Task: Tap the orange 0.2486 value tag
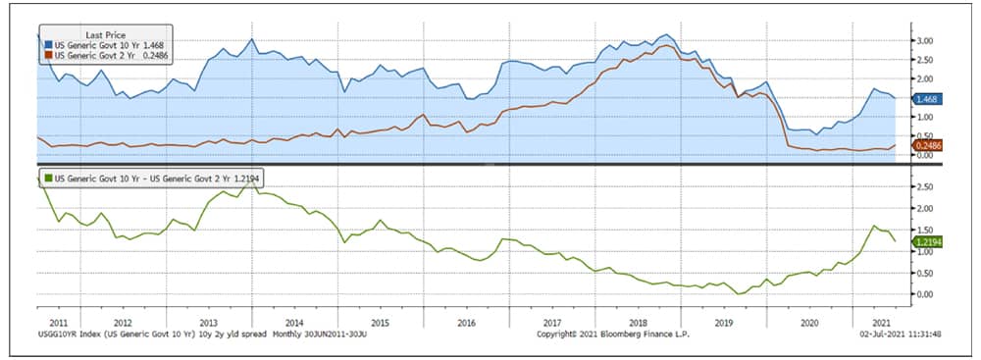click(926, 146)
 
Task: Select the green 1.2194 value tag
click(927, 241)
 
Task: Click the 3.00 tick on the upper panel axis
click(925, 41)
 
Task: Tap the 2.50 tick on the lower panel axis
click(925, 186)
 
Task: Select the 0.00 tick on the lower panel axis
click(925, 293)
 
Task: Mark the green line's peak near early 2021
click(874, 226)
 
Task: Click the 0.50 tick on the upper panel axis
click(925, 136)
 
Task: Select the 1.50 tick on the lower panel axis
click(925, 230)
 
